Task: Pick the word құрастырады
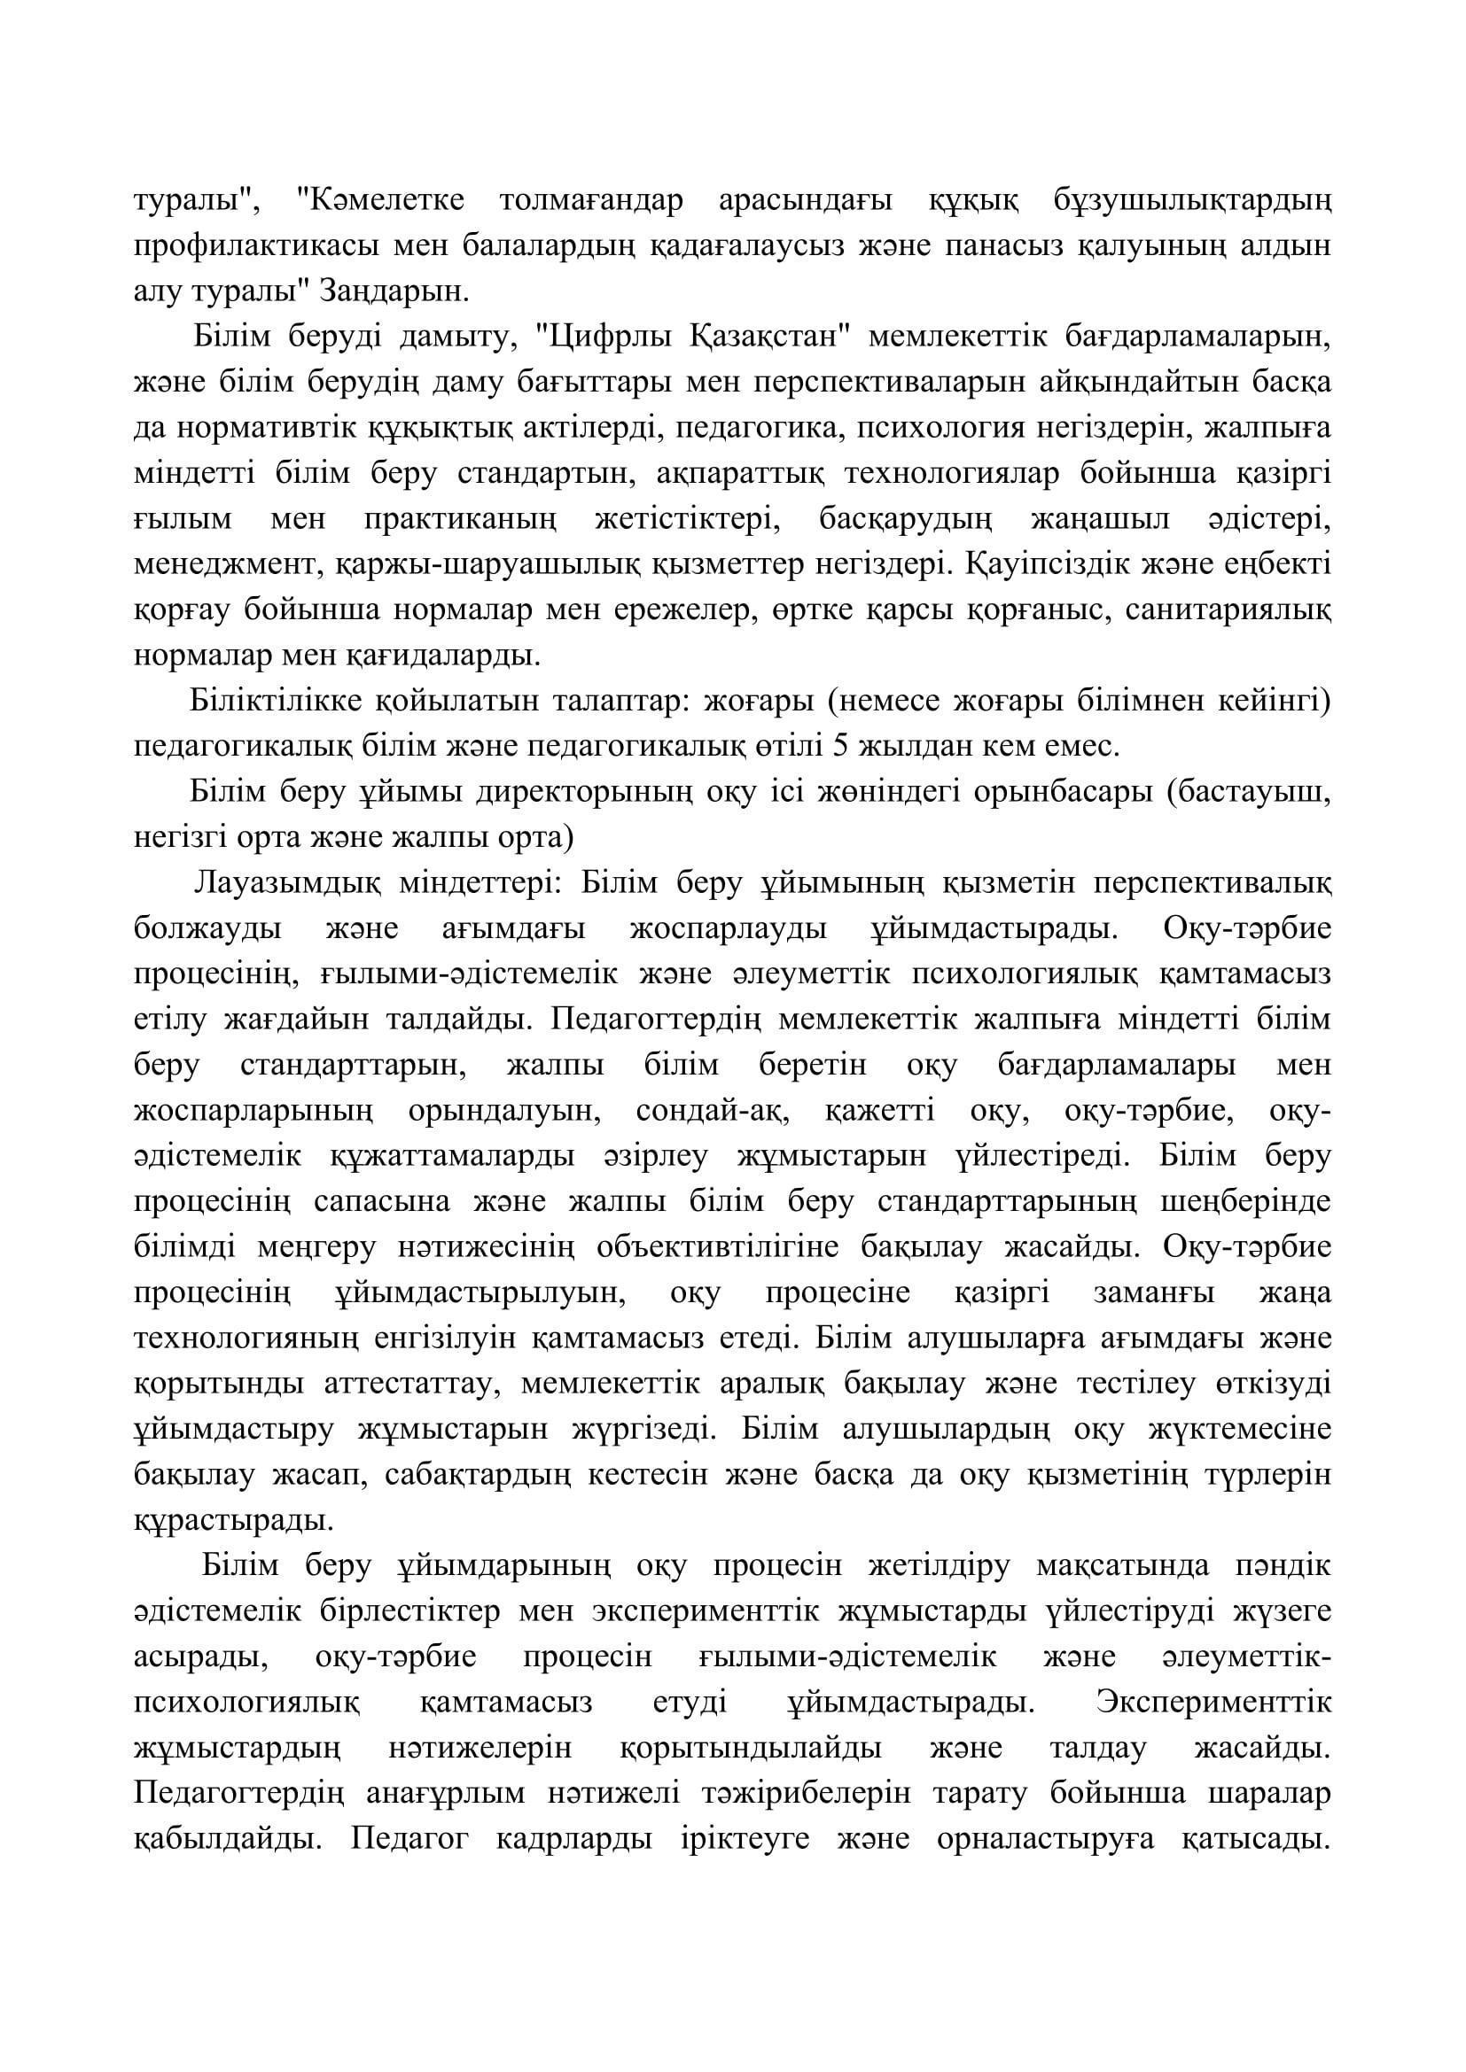pyautogui.click(x=234, y=1521)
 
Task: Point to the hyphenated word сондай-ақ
pyautogui.click(x=714, y=1111)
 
